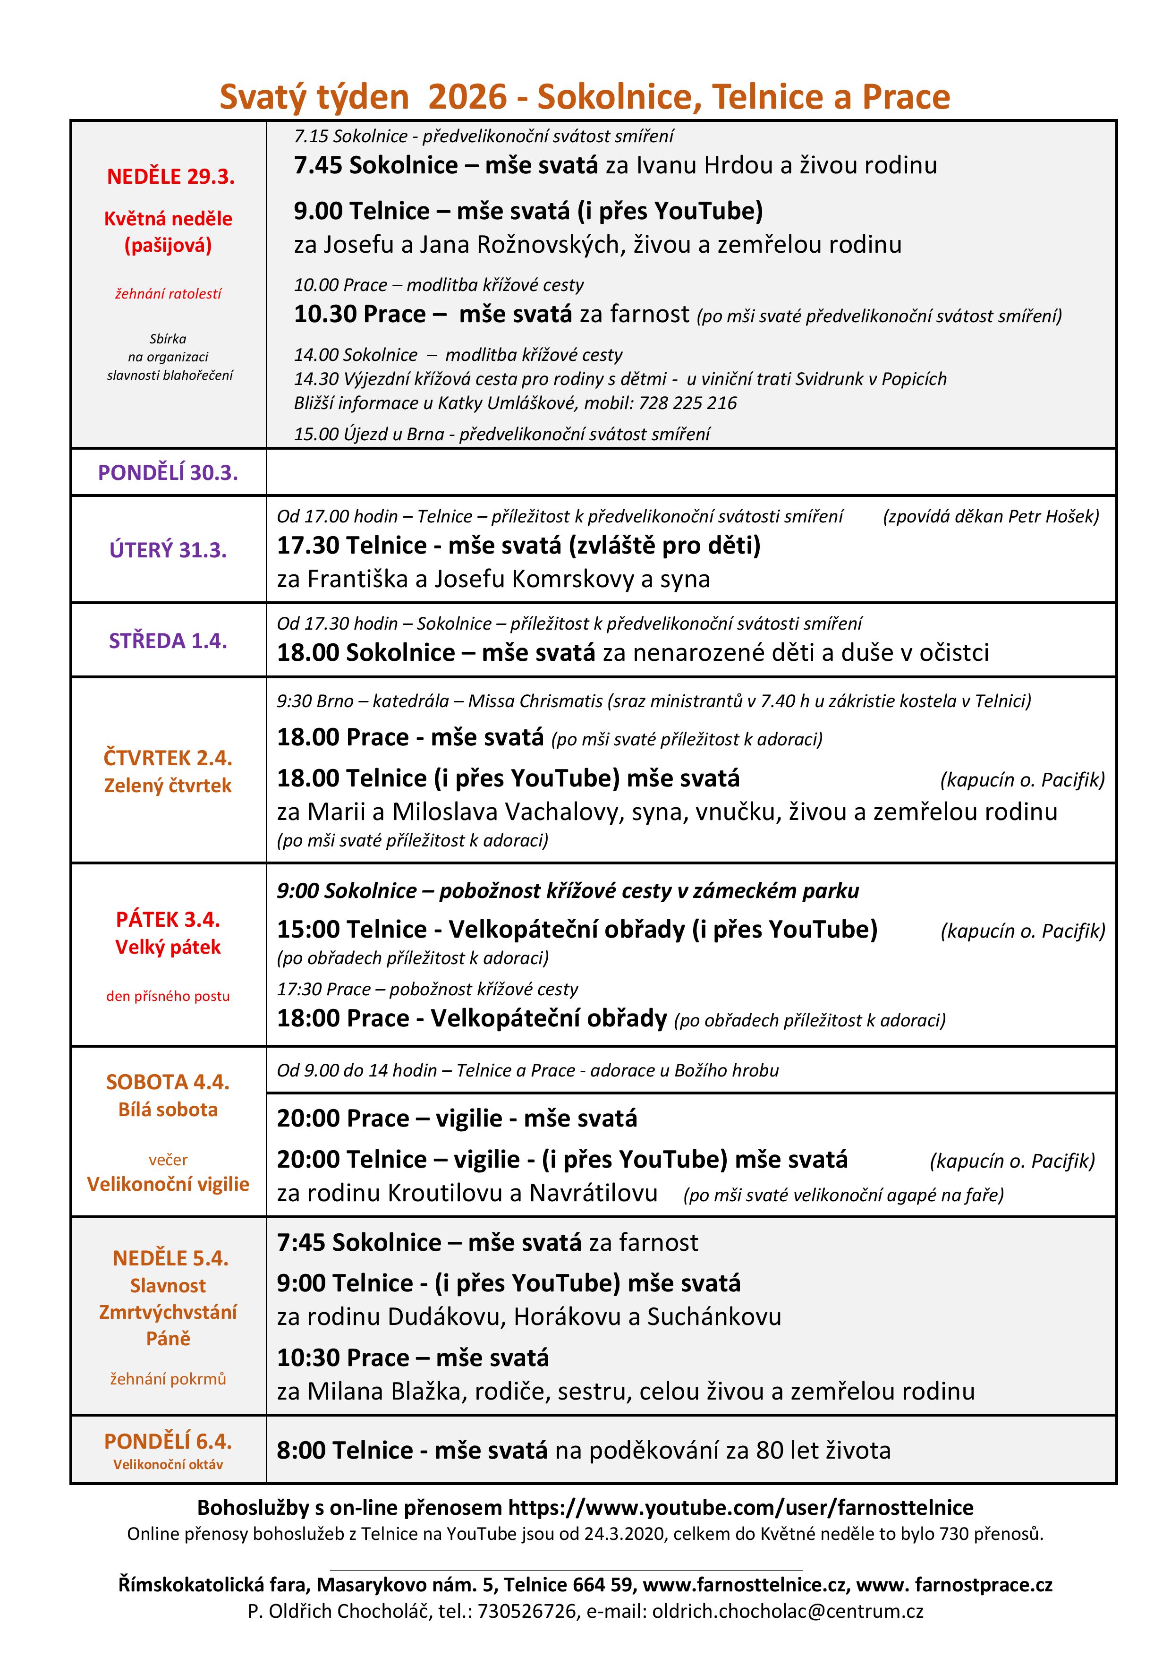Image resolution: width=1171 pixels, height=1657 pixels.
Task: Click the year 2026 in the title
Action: click(467, 97)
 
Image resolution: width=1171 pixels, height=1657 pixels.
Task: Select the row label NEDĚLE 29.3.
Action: click(171, 177)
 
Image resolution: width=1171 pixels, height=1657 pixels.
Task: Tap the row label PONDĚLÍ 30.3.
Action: click(168, 473)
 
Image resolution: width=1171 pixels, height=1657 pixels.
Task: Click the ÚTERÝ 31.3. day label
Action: click(168, 550)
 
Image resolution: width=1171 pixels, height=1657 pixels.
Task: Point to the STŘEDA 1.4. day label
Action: click(168, 641)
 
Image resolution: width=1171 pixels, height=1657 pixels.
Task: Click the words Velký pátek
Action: click(168, 947)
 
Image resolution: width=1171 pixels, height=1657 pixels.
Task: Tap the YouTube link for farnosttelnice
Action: click(741, 1508)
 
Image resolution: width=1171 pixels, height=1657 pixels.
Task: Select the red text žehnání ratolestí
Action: click(168, 294)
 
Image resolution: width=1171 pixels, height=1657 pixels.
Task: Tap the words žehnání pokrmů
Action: click(168, 1379)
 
